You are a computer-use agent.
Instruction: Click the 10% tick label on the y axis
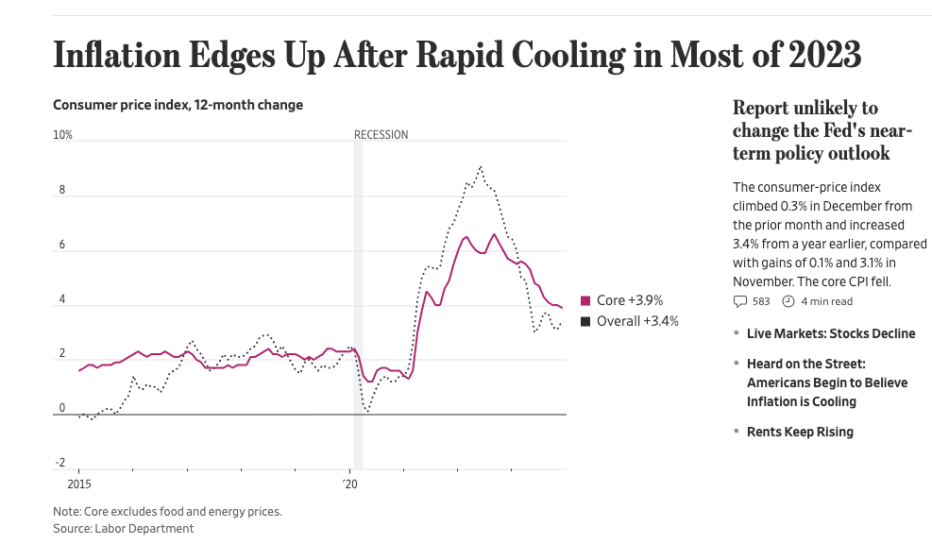[x=62, y=135]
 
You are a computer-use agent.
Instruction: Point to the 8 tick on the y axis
[x=62, y=190]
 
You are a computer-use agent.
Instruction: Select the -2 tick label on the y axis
[x=60, y=463]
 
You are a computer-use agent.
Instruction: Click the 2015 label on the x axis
[x=78, y=484]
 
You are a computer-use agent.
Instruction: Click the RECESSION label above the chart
[x=381, y=135]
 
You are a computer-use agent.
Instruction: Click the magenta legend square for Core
[x=585, y=300]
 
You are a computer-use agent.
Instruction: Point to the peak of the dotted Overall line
[x=481, y=167]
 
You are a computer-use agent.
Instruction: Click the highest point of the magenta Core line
[x=494, y=234]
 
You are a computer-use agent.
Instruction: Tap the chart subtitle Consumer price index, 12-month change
[x=178, y=105]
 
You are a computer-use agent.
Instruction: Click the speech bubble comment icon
[x=740, y=302]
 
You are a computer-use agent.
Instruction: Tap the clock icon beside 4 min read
[x=789, y=302]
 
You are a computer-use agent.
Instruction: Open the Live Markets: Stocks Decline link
[x=830, y=333]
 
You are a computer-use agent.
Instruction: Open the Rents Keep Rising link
[x=799, y=432]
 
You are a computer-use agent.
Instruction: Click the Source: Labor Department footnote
[x=123, y=529]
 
